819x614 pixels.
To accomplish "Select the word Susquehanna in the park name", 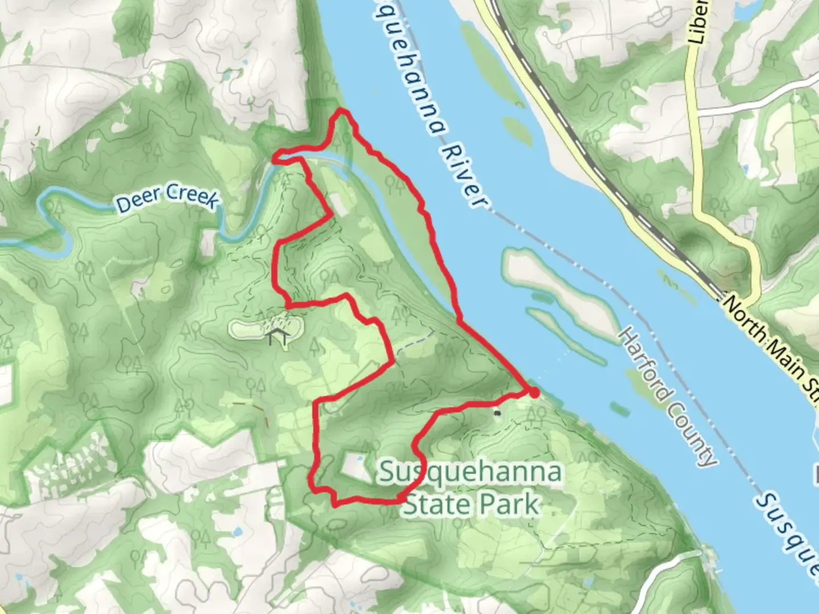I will (x=470, y=472).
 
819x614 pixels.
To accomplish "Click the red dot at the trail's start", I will (x=533, y=393).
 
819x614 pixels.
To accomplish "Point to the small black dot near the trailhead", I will (x=498, y=413).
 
